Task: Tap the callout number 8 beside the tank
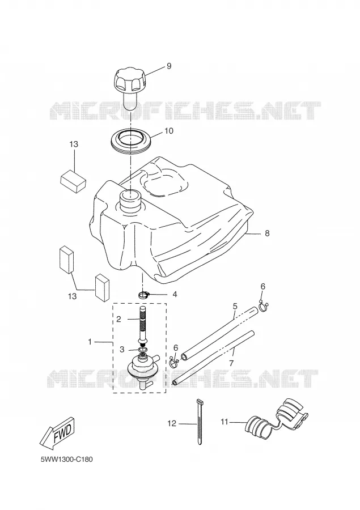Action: tap(267, 233)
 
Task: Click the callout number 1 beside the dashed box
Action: tap(90, 342)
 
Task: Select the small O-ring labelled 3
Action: tap(142, 349)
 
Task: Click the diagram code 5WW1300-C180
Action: tap(67, 460)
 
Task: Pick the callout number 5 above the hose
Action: tap(235, 307)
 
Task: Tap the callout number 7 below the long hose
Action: tap(231, 363)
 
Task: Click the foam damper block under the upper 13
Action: tap(73, 181)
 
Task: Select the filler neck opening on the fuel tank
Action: tap(130, 196)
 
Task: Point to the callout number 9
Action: tap(169, 66)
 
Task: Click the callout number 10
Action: tap(169, 131)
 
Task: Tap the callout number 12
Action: tap(172, 423)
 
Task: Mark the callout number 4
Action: tap(175, 294)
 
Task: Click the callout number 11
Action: tap(225, 422)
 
